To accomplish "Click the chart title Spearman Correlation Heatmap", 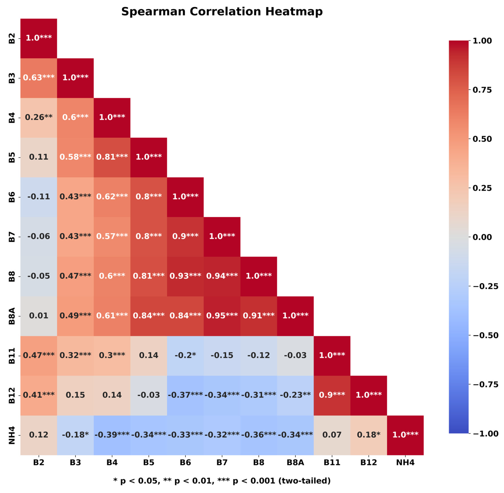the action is (222, 12).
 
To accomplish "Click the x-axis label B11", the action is (332, 462).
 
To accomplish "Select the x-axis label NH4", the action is (405, 462).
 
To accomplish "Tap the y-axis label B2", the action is (12, 38).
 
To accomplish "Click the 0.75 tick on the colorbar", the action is (482, 90).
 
